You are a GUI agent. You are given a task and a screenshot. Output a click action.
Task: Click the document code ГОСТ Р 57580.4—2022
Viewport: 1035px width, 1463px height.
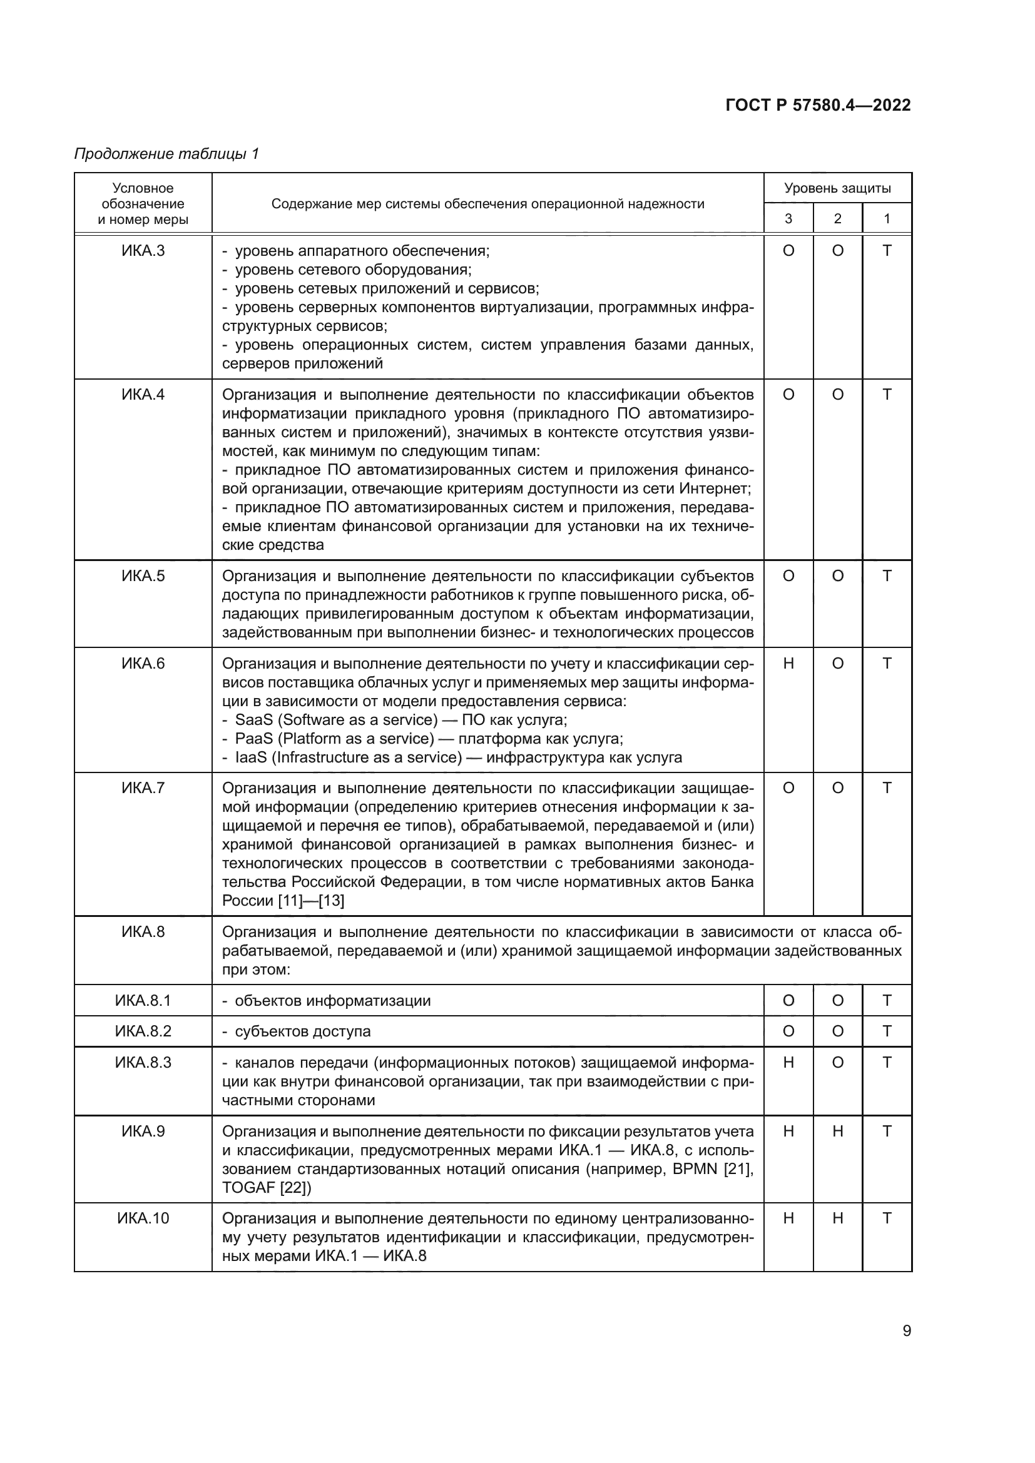(818, 105)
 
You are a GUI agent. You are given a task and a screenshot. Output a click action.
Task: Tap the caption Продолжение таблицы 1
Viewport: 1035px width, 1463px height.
(166, 154)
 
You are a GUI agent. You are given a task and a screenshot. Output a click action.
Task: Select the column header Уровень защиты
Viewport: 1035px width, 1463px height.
(837, 188)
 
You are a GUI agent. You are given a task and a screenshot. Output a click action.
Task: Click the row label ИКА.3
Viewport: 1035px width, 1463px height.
(143, 251)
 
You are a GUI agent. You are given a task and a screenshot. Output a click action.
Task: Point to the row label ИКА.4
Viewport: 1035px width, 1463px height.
(143, 395)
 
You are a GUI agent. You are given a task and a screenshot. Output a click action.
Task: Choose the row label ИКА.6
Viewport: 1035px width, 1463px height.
(143, 663)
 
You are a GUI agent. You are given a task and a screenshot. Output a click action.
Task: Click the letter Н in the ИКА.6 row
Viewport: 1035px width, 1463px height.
(788, 663)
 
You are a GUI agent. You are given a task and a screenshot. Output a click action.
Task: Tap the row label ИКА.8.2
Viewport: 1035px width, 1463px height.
(143, 1031)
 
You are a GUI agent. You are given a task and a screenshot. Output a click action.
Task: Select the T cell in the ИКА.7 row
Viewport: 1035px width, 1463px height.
(887, 788)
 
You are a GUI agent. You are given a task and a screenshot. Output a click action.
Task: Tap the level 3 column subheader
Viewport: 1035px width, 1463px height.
(788, 218)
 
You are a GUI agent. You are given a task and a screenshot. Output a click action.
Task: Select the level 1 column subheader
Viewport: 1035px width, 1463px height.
(887, 218)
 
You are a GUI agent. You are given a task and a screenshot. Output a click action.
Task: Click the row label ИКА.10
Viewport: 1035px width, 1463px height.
(143, 1218)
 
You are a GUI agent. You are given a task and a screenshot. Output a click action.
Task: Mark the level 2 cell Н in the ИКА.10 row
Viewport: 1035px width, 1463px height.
(837, 1218)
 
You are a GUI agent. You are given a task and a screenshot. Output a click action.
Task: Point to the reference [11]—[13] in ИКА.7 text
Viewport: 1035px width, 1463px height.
(312, 900)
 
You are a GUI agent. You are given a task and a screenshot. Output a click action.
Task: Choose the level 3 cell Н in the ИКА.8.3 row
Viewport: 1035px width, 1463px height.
(788, 1062)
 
